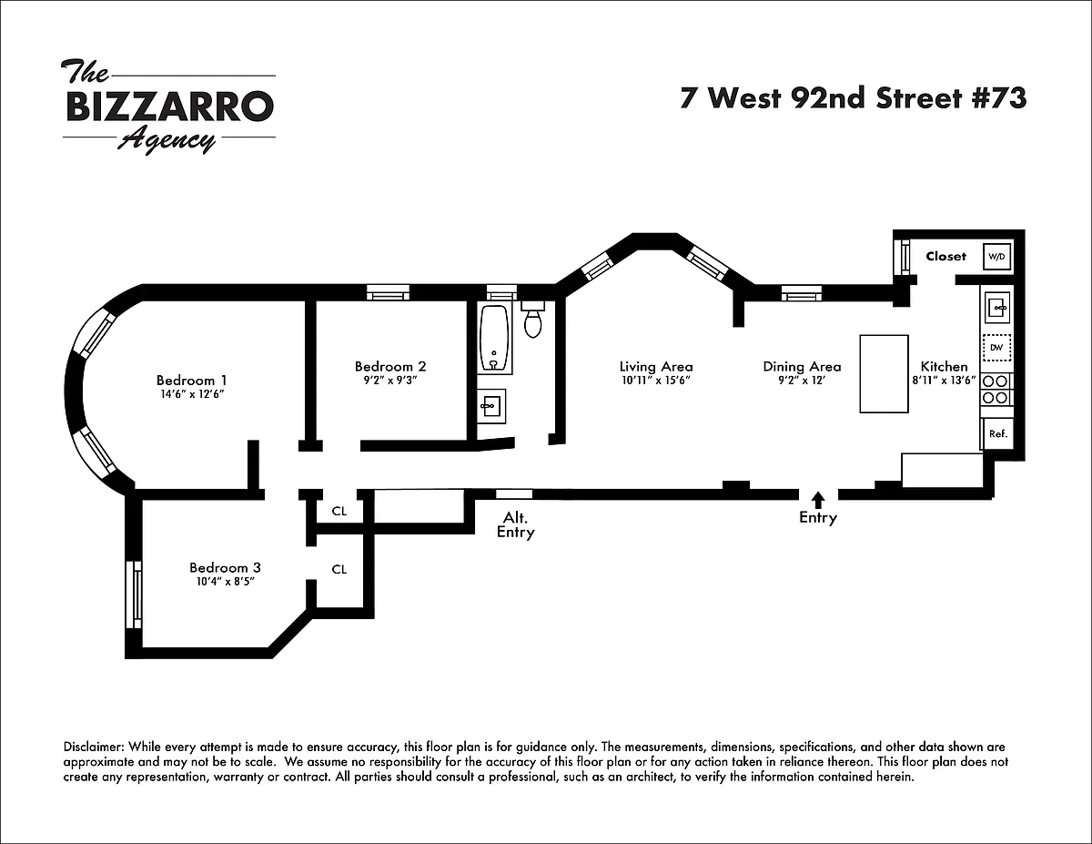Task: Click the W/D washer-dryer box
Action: click(x=996, y=257)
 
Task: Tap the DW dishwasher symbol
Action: click(x=996, y=348)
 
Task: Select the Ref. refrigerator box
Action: click(x=997, y=433)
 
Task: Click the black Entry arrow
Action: click(x=818, y=499)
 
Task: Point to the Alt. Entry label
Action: click(x=516, y=524)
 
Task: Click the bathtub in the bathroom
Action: click(x=494, y=339)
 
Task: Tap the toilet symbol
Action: click(x=532, y=320)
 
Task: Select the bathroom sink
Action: click(x=491, y=406)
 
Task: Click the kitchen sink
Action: click(x=996, y=307)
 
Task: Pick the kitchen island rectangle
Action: click(x=884, y=374)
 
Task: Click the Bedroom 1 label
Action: click(x=191, y=381)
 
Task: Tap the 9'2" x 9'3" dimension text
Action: click(x=390, y=380)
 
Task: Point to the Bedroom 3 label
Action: click(x=225, y=568)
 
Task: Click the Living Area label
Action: click(x=656, y=367)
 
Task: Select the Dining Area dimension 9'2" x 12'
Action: click(x=801, y=381)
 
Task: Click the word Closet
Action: click(x=945, y=257)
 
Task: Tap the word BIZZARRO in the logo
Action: click(x=170, y=106)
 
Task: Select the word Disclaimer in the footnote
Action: click(x=94, y=747)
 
